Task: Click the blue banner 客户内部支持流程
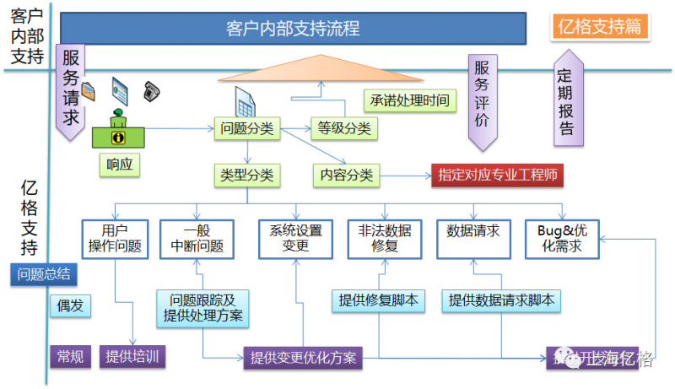293,28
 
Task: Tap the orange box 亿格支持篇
599,26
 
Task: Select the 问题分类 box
246,128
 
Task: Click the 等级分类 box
343,128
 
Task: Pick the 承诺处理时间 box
409,101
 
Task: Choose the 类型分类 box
246,175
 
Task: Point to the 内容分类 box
346,175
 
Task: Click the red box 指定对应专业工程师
497,175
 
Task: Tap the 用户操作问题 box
115,238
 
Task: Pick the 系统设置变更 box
295,238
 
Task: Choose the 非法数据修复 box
384,238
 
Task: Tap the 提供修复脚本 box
378,300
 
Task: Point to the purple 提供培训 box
132,356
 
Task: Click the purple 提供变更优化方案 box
303,357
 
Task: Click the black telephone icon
151,89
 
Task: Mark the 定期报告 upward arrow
566,100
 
